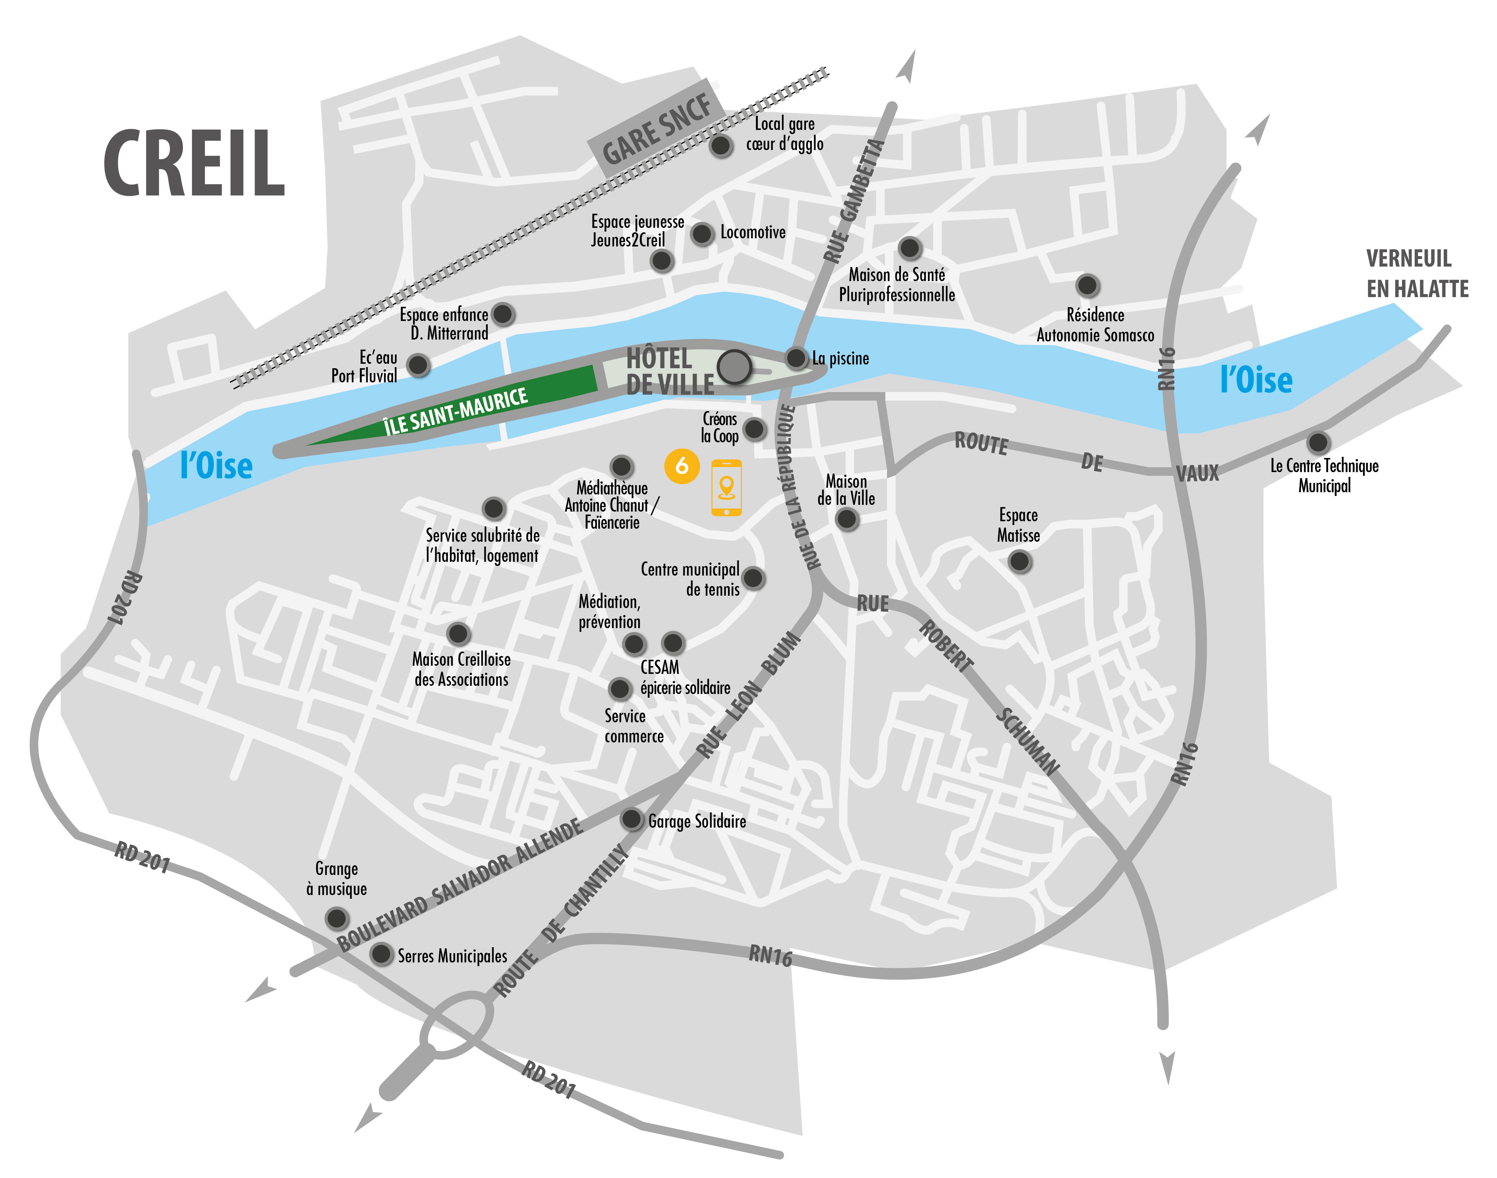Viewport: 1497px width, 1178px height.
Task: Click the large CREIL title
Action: [194, 163]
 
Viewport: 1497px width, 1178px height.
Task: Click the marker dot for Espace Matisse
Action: [1019, 561]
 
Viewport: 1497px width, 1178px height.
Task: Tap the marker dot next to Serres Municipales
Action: [380, 954]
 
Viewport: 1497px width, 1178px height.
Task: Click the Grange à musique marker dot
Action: [336, 918]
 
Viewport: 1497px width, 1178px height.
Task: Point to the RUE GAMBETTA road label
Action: [854, 201]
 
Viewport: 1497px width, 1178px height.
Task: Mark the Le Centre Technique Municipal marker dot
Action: [1317, 442]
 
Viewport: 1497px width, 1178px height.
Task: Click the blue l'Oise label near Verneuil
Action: [1256, 380]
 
